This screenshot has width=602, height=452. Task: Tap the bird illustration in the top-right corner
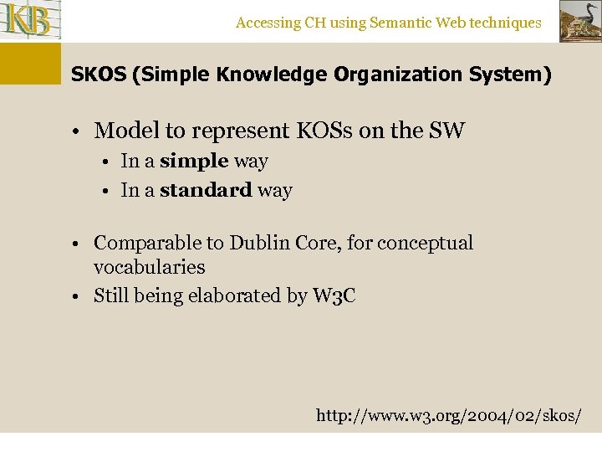point(579,21)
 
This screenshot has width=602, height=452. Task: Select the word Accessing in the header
point(268,23)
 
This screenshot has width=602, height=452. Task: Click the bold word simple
point(194,161)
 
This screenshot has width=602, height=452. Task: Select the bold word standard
point(206,190)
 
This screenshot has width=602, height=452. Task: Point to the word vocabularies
point(150,268)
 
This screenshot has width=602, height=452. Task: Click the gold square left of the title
point(30,64)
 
